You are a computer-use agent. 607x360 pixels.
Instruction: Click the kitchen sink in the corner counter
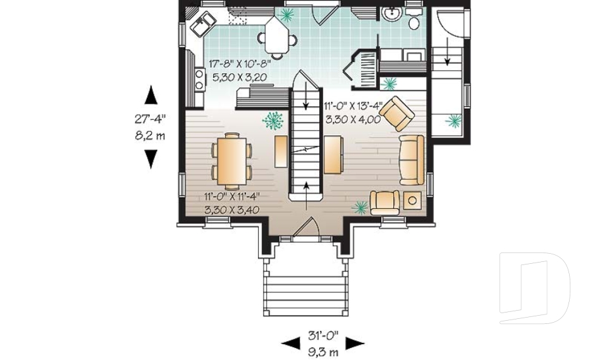click(x=203, y=24)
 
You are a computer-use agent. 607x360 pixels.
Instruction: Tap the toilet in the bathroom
click(x=413, y=20)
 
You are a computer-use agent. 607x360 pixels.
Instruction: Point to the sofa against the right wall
click(x=412, y=159)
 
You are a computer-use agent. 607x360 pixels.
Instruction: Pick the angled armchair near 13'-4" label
click(x=397, y=113)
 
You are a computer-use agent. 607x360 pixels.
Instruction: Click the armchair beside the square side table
click(x=385, y=202)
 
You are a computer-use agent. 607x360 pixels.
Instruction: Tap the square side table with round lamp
click(x=413, y=201)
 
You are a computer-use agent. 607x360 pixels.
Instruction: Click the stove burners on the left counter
click(x=200, y=79)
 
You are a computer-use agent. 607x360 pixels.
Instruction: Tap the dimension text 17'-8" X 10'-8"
click(x=240, y=64)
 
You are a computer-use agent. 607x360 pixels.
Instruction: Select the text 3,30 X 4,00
click(x=353, y=120)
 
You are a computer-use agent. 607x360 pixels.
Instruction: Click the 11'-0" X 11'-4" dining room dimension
click(x=231, y=197)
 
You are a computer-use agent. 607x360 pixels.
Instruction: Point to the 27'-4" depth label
click(x=150, y=118)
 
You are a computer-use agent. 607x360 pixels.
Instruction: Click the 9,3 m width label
click(x=323, y=352)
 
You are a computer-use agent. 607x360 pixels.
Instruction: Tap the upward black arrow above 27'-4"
click(x=151, y=95)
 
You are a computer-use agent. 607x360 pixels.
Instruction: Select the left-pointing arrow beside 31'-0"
click(x=290, y=344)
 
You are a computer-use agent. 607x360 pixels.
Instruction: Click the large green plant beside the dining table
click(x=273, y=121)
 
